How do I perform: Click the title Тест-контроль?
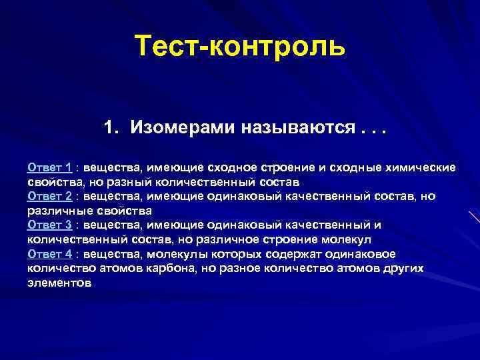pos(240,47)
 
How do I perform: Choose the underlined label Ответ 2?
pos(49,195)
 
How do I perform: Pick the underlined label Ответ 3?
pos(49,225)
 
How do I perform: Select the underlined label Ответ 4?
pos(49,253)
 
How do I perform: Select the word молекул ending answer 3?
pos(347,239)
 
